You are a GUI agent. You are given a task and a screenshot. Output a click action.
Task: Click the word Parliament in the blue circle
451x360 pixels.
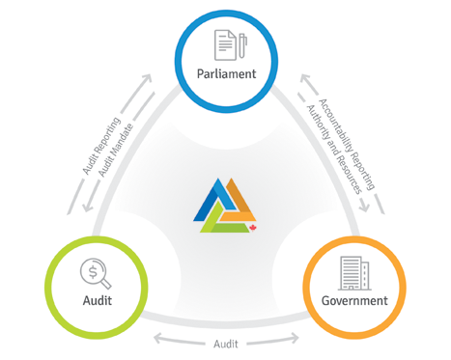pyautogui.click(x=226, y=74)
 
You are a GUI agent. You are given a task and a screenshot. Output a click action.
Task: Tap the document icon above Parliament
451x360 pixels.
pyautogui.click(x=225, y=45)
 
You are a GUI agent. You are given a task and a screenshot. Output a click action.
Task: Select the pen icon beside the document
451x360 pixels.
pyautogui.click(x=242, y=45)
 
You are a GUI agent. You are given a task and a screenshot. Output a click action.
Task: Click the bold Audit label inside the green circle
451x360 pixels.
pyautogui.click(x=98, y=300)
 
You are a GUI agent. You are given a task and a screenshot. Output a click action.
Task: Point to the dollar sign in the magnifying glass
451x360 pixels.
pyautogui.click(x=93, y=272)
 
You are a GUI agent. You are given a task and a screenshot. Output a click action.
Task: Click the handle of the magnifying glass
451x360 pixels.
pyautogui.click(x=105, y=283)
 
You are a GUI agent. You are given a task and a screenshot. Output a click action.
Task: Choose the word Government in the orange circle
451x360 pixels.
pyautogui.click(x=354, y=300)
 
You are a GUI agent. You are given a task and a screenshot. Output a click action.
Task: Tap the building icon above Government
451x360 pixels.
pyautogui.click(x=354, y=273)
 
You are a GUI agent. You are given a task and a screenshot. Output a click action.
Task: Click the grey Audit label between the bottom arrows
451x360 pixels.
pyautogui.click(x=226, y=344)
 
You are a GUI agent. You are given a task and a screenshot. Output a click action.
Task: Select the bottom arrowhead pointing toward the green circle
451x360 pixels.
pyautogui.click(x=158, y=339)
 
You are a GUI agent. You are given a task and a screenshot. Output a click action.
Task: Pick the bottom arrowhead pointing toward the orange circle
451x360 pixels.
pyautogui.click(x=294, y=338)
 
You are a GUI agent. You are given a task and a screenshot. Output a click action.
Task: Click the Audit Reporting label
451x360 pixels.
pyautogui.click(x=101, y=146)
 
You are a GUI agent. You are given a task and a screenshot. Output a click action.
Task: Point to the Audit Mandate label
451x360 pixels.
pyautogui.click(x=116, y=151)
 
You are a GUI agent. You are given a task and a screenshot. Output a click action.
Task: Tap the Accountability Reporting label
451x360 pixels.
pyautogui.click(x=347, y=144)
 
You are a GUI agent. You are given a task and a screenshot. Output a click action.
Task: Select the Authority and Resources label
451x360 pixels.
pyautogui.click(x=334, y=150)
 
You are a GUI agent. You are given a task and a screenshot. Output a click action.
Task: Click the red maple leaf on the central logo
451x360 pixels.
pyautogui.click(x=253, y=228)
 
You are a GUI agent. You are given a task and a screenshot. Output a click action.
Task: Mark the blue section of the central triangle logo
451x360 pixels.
pyautogui.click(x=213, y=200)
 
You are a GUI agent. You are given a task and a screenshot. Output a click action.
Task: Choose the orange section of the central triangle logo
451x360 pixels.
pyautogui.click(x=240, y=200)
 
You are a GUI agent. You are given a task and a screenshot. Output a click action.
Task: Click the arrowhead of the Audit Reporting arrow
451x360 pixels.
pyautogui.click(x=146, y=79)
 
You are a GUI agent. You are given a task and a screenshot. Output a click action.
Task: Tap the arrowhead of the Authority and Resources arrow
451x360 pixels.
pyautogui.click(x=364, y=207)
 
